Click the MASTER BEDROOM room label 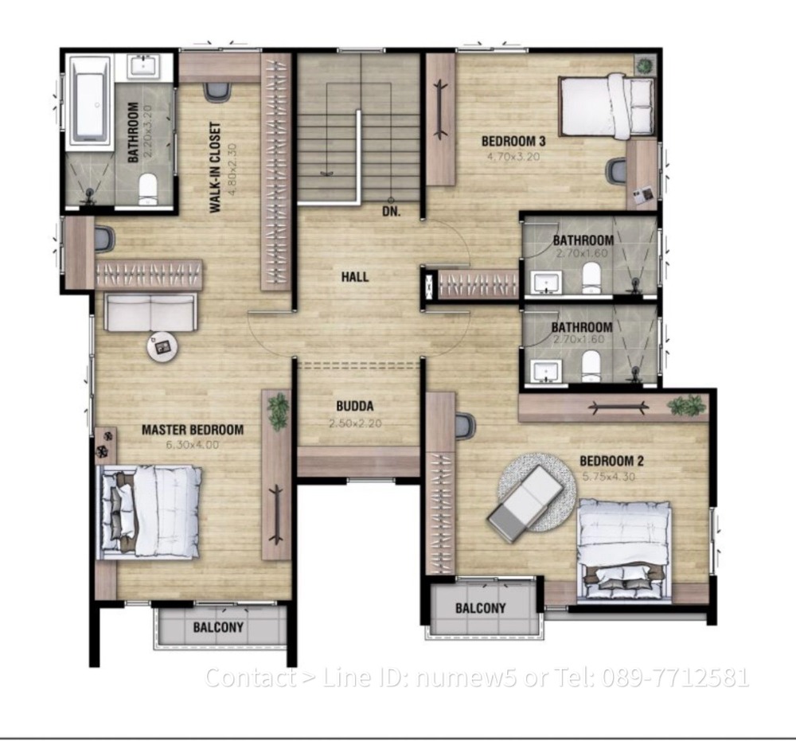point(193,430)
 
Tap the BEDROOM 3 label point(513,142)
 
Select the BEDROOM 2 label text point(611,461)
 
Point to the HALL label point(354,277)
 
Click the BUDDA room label point(354,405)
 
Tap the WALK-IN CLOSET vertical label point(215,168)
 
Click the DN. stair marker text point(390,213)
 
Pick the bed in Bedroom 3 point(607,105)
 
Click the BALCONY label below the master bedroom point(218,627)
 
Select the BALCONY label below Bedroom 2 point(480,608)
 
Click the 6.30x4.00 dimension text point(192,445)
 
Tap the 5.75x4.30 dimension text point(611,476)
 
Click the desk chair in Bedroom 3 point(616,170)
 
